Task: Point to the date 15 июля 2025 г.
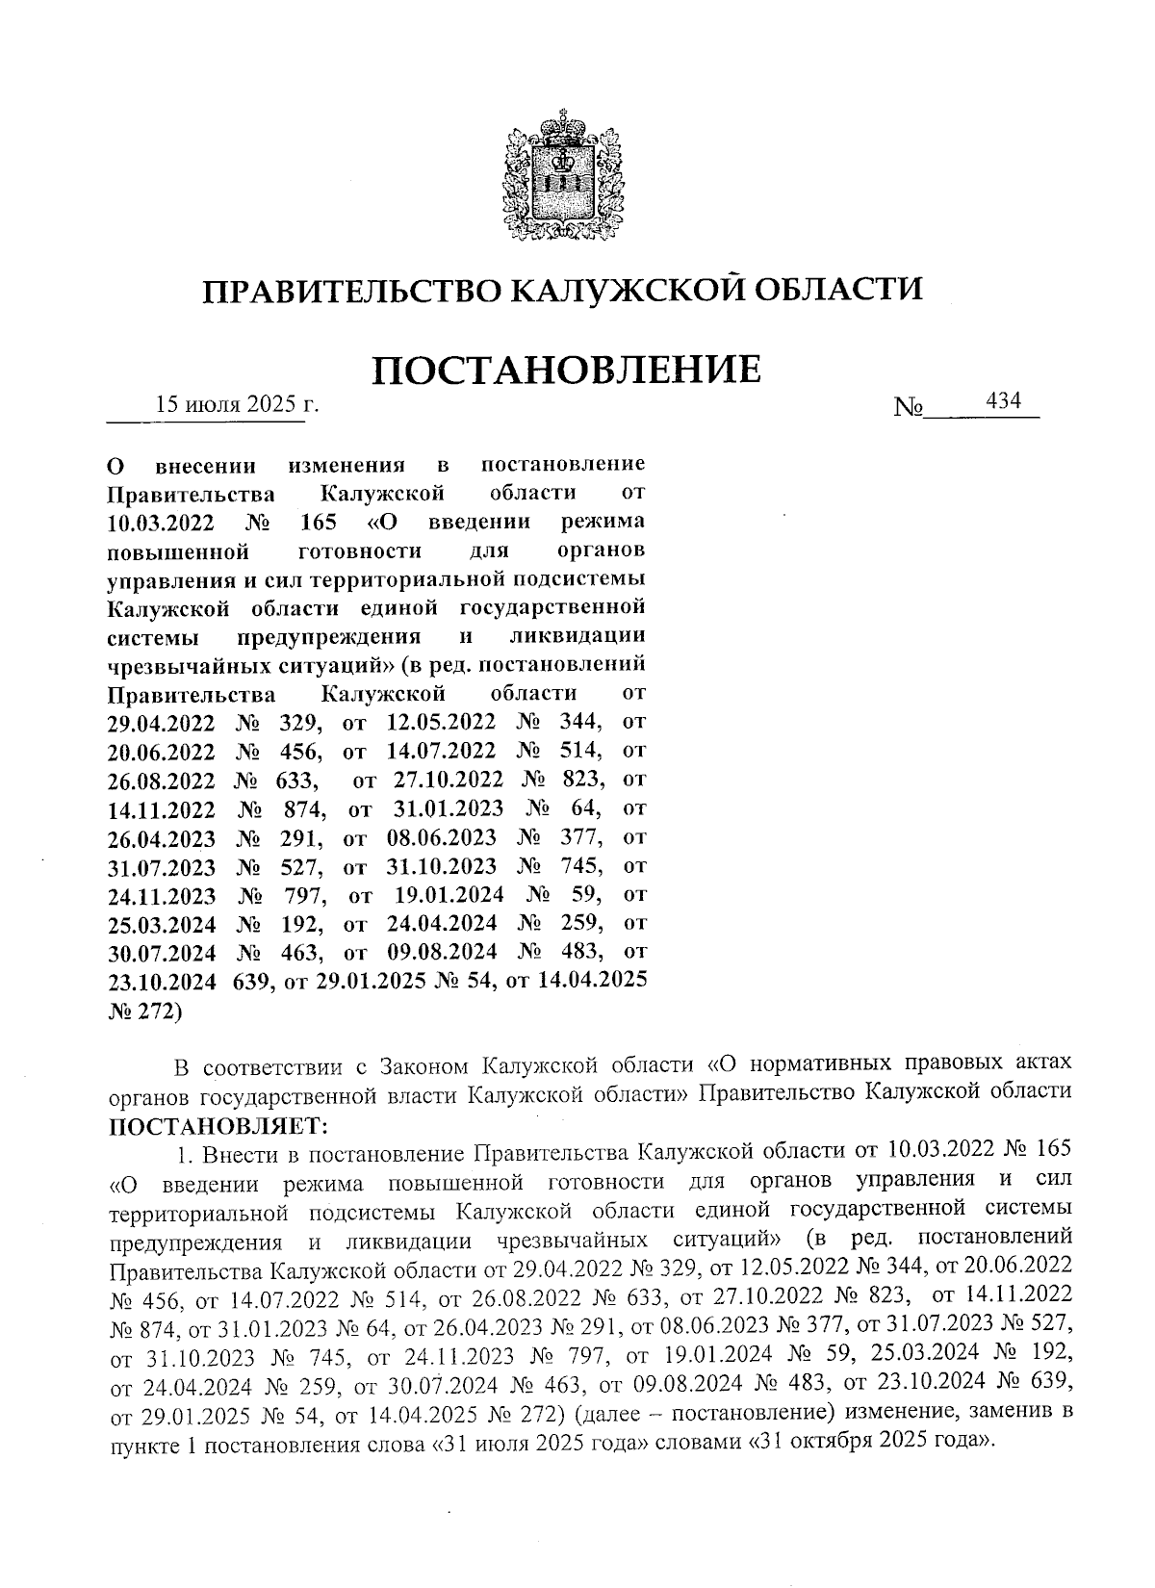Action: click(237, 404)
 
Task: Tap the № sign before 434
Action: click(909, 407)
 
